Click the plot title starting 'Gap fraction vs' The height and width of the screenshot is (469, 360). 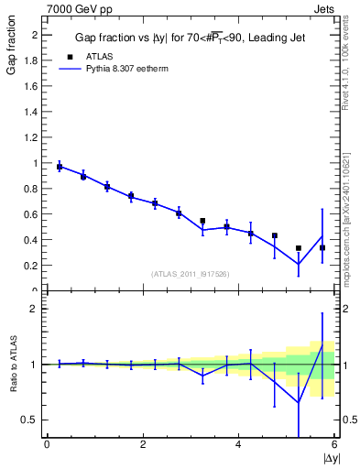190,38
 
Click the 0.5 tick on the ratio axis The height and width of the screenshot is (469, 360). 30,420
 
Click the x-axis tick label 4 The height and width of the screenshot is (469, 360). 239,444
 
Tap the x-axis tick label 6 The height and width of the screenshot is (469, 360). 335,444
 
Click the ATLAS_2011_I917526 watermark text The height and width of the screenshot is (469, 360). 190,273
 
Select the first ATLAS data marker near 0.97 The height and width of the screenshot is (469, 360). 60,167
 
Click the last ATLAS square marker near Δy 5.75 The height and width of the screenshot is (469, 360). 322,247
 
